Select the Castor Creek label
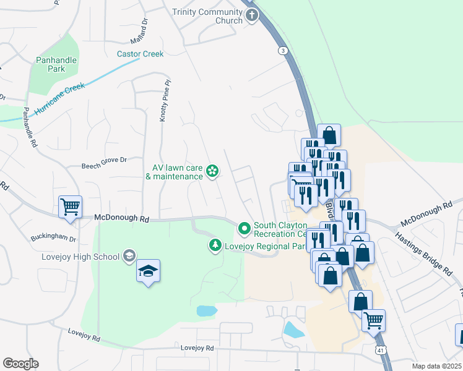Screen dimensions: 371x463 coord(141,54)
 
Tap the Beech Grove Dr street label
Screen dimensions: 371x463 coord(104,160)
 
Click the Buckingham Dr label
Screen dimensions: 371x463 coord(53,238)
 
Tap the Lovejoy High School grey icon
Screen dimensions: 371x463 coord(129,255)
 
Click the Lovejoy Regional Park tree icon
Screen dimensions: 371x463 coord(215,246)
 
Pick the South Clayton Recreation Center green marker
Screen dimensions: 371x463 coord(244,229)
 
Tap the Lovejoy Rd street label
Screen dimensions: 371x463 coord(197,348)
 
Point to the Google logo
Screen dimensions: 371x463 coord(20,364)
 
